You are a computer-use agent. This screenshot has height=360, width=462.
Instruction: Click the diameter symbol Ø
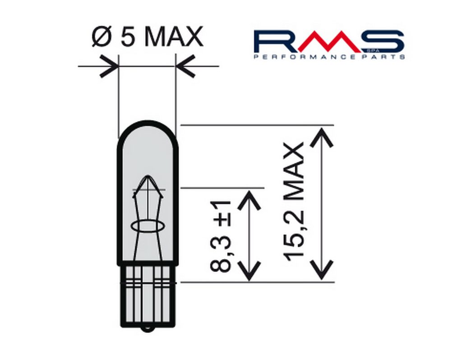click(x=102, y=37)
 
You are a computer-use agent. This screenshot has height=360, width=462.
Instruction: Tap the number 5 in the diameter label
click(x=128, y=37)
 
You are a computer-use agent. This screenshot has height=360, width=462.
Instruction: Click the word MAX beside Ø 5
click(x=174, y=37)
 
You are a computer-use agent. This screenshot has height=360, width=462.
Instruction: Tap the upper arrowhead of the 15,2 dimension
click(x=321, y=137)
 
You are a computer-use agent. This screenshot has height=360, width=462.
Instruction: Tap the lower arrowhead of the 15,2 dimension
click(x=321, y=270)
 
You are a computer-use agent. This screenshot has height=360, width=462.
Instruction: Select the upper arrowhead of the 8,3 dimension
click(x=249, y=200)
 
